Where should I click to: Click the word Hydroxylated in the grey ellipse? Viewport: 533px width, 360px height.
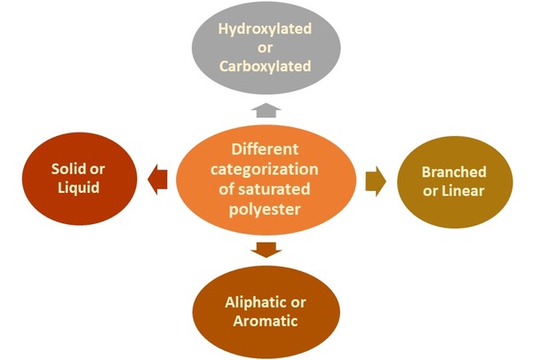(x=266, y=29)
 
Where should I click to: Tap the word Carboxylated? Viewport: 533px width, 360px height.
(x=266, y=67)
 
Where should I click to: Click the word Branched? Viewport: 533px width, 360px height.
(x=454, y=172)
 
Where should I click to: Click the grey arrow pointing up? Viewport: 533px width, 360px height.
(x=266, y=109)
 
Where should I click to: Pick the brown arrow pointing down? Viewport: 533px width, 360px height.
(x=264, y=249)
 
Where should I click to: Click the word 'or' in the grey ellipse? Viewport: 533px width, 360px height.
(x=266, y=48)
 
